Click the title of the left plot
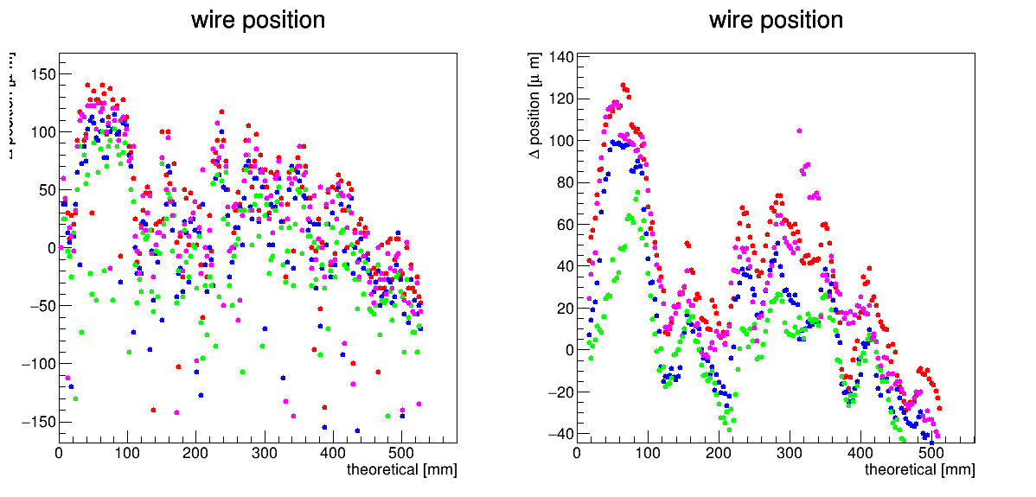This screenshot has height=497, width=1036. click(258, 20)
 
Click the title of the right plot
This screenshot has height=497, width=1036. click(776, 20)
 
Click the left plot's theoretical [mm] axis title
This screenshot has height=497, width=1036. click(401, 470)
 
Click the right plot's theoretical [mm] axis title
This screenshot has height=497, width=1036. click(919, 470)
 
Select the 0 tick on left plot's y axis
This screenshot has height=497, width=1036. click(50, 248)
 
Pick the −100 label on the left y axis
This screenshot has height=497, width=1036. click(35, 364)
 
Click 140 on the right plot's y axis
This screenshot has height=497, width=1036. click(556, 58)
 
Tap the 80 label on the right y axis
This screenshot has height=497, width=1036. click(560, 183)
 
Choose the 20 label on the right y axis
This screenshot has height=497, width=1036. click(560, 309)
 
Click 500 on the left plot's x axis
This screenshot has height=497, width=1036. click(401, 453)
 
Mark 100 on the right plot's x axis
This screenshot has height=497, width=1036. click(648, 453)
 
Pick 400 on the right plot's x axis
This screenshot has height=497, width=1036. click(860, 453)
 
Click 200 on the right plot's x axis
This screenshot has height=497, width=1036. click(719, 453)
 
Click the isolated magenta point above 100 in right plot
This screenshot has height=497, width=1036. click(799, 131)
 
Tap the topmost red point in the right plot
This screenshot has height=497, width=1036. click(623, 86)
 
